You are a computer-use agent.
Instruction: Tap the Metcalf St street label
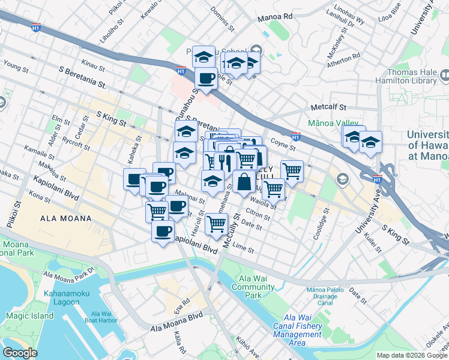(328, 107)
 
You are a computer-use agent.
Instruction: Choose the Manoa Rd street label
(274, 17)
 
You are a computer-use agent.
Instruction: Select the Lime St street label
(243, 247)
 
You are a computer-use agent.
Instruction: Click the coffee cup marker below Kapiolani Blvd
(162, 231)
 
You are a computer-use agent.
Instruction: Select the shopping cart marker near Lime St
(216, 224)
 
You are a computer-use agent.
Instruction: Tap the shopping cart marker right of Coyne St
(292, 171)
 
